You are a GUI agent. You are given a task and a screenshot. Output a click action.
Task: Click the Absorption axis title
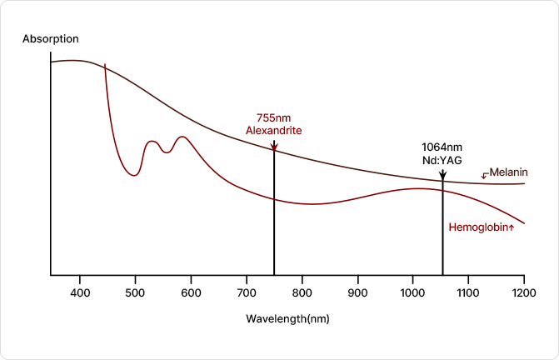click(x=51, y=39)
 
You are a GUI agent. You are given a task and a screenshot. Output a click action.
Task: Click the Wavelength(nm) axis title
click(x=283, y=318)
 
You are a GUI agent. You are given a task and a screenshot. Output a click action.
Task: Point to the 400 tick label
click(x=80, y=293)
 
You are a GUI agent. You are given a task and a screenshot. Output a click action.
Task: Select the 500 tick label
click(x=136, y=293)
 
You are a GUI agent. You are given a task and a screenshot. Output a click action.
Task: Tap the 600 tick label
click(x=191, y=293)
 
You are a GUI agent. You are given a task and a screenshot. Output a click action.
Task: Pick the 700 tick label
click(x=247, y=293)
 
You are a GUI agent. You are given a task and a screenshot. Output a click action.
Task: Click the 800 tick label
click(x=302, y=293)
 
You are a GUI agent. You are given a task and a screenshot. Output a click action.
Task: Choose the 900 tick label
click(x=357, y=293)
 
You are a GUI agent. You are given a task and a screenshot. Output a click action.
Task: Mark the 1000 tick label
click(x=412, y=293)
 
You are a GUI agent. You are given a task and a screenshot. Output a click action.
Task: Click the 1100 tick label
click(x=468, y=293)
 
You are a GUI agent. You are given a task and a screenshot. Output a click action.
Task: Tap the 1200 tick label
click(x=523, y=293)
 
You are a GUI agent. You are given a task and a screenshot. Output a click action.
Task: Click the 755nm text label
click(x=274, y=117)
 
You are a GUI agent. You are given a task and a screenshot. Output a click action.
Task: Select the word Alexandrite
click(x=274, y=131)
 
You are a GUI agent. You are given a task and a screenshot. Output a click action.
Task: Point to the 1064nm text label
click(x=442, y=146)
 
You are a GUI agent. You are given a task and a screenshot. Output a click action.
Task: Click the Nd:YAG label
click(x=442, y=159)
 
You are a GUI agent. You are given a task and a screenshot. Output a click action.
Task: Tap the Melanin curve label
click(x=508, y=172)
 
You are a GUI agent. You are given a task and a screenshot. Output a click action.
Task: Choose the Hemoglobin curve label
click(x=478, y=227)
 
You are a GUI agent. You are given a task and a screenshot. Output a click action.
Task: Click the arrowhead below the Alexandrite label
click(x=274, y=147)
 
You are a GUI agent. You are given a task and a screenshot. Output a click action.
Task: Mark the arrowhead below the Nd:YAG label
click(x=442, y=175)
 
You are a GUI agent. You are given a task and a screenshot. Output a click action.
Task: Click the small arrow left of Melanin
click(x=485, y=175)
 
